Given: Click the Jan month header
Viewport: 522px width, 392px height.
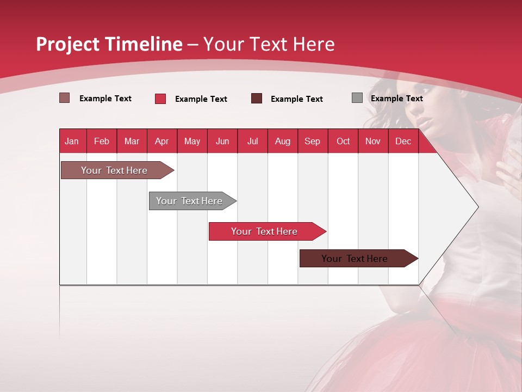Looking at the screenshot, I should [x=72, y=141].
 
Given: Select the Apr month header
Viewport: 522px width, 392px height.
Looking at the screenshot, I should [x=162, y=141].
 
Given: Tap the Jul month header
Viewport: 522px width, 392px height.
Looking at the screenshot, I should [x=252, y=141].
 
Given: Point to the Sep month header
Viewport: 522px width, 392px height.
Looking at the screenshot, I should [x=312, y=141].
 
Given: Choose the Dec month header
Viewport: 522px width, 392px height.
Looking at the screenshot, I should [x=403, y=141].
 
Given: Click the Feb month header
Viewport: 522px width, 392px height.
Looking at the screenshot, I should [x=102, y=141].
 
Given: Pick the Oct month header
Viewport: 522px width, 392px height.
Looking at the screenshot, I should [x=343, y=141].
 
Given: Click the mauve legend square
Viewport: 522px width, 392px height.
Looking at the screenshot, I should [x=65, y=98].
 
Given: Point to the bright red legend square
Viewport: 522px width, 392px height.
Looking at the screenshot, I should [x=160, y=99].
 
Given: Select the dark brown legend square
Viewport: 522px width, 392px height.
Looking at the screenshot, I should [x=257, y=99].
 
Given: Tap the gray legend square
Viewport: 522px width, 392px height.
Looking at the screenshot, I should [x=357, y=98].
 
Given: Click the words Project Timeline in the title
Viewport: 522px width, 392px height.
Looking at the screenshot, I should [x=109, y=44].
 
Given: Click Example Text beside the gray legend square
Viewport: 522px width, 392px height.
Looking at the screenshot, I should [x=396, y=99].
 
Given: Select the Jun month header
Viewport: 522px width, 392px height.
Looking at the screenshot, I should [x=222, y=141].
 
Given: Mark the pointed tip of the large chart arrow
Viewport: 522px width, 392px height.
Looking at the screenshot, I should [x=477, y=207].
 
